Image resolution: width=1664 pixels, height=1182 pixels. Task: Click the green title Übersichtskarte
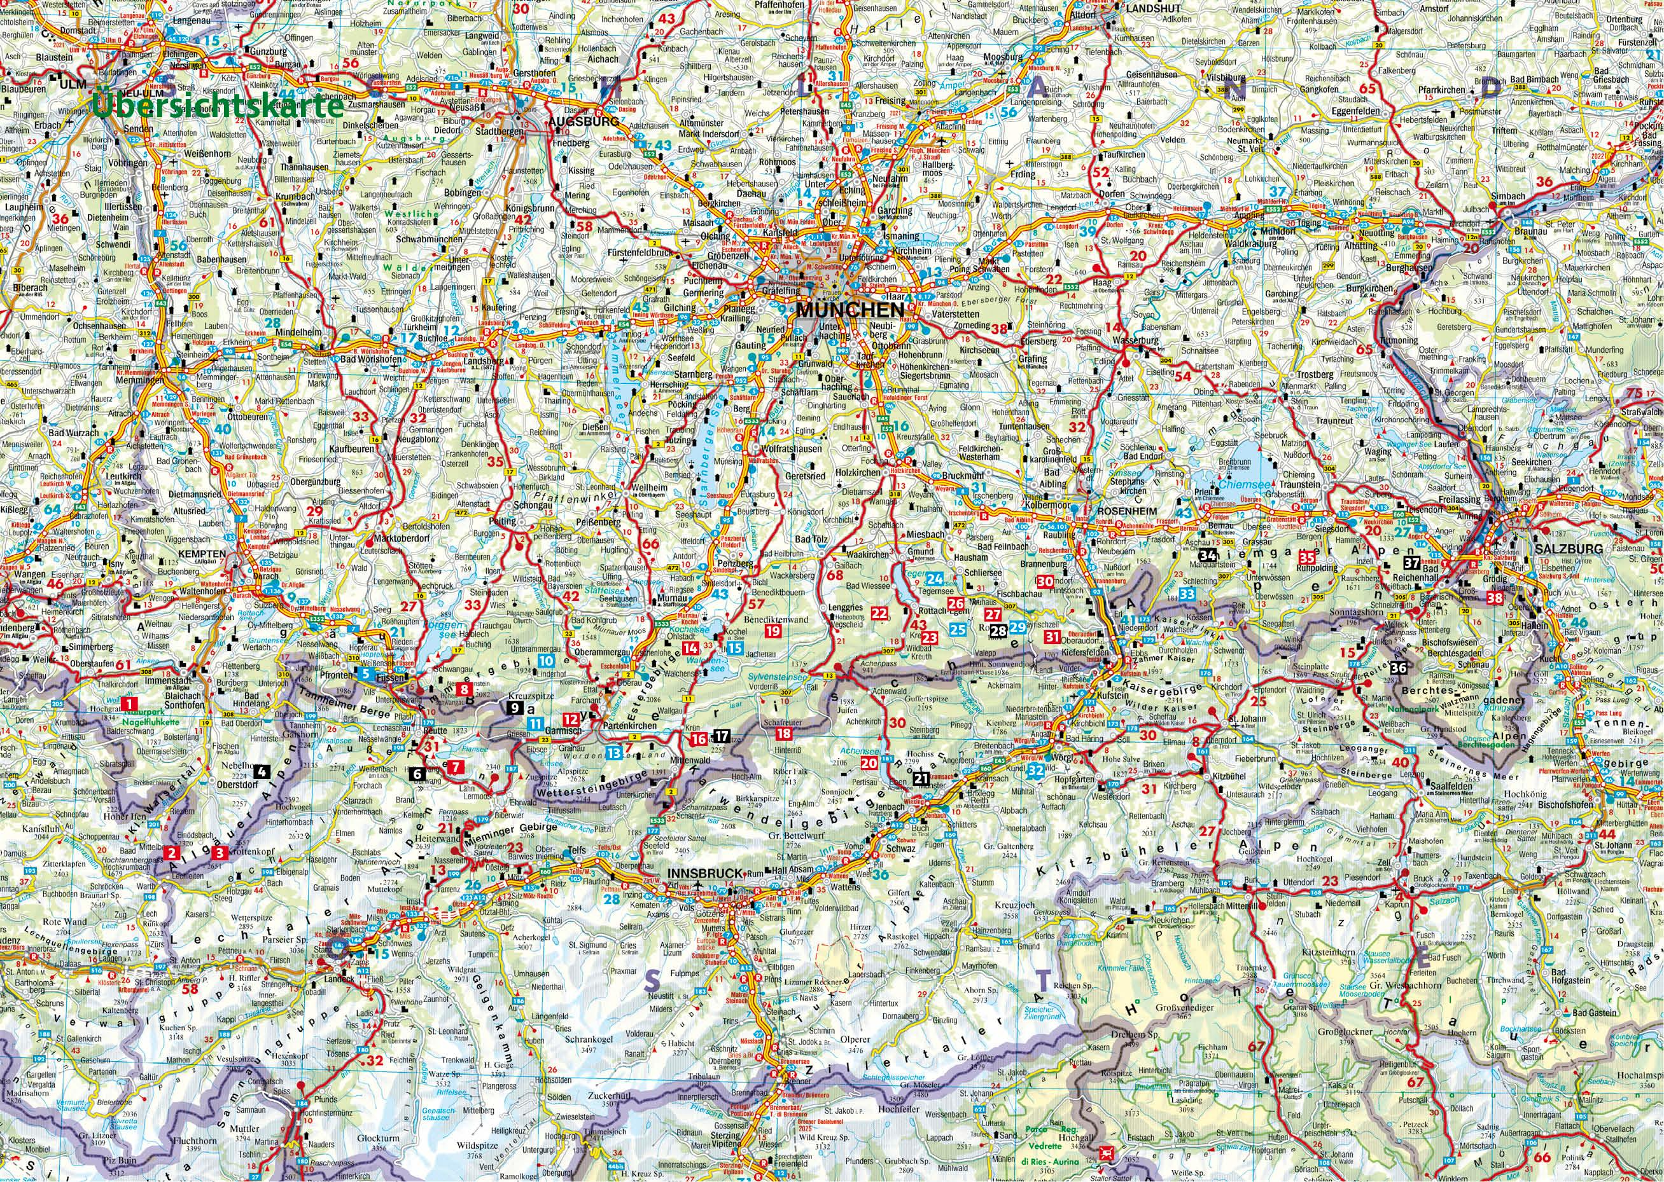218,106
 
